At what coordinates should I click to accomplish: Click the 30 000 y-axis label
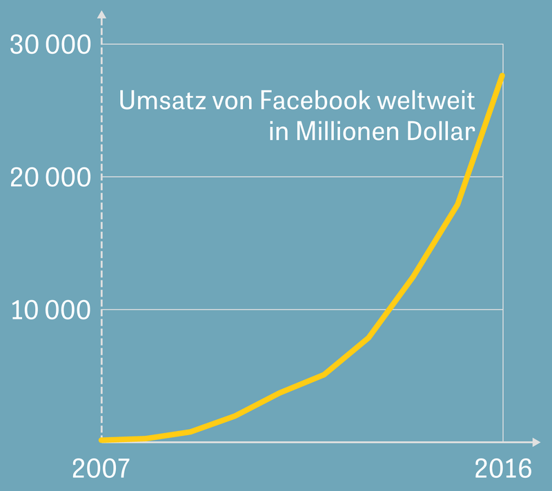(51, 46)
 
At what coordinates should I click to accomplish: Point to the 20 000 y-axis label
(51, 178)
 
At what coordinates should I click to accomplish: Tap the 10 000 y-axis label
(51, 310)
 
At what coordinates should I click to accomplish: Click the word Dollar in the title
(446, 131)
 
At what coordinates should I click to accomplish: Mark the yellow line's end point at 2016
(502, 75)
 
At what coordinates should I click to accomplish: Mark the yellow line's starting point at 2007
(102, 439)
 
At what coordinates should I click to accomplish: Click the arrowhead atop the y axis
(101, 15)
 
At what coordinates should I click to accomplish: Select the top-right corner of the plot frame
(503, 45)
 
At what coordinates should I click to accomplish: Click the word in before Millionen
(278, 131)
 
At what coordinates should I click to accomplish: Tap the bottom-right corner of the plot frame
(503, 440)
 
